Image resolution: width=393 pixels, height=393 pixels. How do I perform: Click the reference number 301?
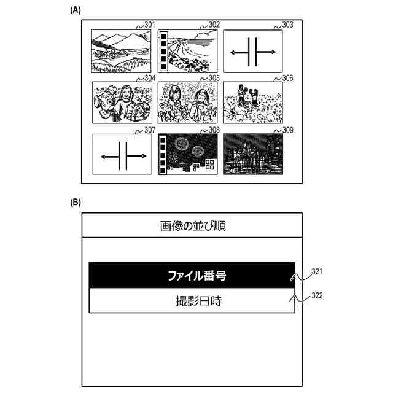149,25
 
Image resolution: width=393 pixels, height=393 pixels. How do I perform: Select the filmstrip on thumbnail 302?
163,51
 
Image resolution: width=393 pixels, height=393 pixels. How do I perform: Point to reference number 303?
287,25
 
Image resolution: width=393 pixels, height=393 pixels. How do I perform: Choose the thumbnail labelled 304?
122,103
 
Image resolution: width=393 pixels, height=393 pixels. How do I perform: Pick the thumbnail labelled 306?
252,103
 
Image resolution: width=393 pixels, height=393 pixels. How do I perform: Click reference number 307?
149,130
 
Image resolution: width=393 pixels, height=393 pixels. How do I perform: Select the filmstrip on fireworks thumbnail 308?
163,156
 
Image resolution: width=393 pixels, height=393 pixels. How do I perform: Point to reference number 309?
287,130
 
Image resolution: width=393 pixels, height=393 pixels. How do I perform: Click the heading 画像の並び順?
192,225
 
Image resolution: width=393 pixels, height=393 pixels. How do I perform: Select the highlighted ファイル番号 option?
192,275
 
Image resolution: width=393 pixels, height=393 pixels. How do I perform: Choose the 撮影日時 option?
192,301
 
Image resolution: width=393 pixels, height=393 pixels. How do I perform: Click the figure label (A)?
76,10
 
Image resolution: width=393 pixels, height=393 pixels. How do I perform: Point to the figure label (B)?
76,201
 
